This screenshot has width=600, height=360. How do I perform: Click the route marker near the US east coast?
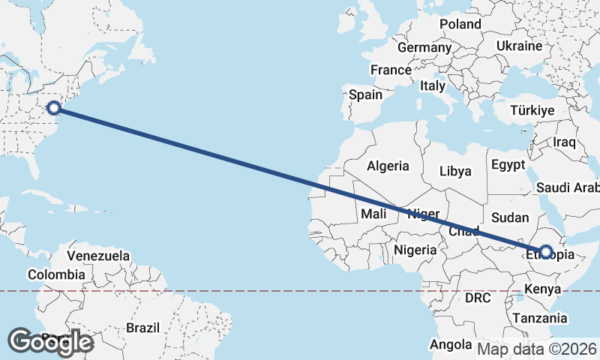pos(54,108)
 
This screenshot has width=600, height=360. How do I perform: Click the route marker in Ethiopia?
pos(545,252)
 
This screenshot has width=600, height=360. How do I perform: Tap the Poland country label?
pos(460,24)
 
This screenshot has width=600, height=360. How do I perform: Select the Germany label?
pos(424,47)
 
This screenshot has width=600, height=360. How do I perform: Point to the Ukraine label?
pos(518,46)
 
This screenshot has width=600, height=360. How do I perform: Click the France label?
pos(391,70)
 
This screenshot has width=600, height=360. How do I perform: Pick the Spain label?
pos(366,95)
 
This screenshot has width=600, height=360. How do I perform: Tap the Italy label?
pos(433,85)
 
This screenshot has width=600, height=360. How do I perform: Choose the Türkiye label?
pos(532,110)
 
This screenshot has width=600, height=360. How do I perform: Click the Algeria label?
pos(388,166)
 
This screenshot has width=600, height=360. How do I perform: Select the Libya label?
pos(455,171)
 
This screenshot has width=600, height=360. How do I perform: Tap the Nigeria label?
pos(414,249)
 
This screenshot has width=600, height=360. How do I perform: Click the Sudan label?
pos(510,217)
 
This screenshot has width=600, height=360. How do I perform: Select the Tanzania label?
pos(540,318)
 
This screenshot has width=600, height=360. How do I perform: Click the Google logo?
pos(50,341)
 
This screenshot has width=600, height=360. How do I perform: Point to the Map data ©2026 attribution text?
pos(536,348)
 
